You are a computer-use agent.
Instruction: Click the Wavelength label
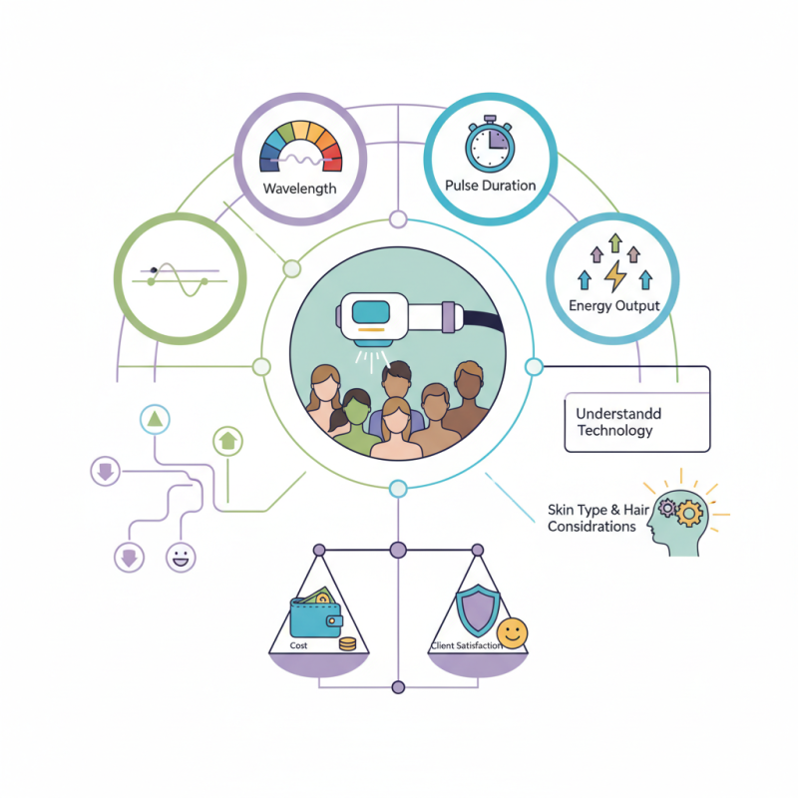tap(299, 188)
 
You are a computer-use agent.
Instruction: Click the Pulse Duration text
tap(489, 186)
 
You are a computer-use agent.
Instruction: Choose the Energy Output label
tap(613, 305)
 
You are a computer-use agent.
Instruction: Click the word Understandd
tap(618, 413)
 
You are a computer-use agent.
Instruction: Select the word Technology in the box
tap(615, 431)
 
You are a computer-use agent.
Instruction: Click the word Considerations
tap(592, 527)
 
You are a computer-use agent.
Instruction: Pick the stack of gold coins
tap(347, 644)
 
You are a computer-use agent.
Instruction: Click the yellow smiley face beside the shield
tap(512, 632)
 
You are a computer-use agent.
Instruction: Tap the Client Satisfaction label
tap(465, 646)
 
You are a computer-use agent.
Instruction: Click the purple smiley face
tap(181, 557)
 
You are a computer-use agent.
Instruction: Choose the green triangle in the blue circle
tap(155, 420)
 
